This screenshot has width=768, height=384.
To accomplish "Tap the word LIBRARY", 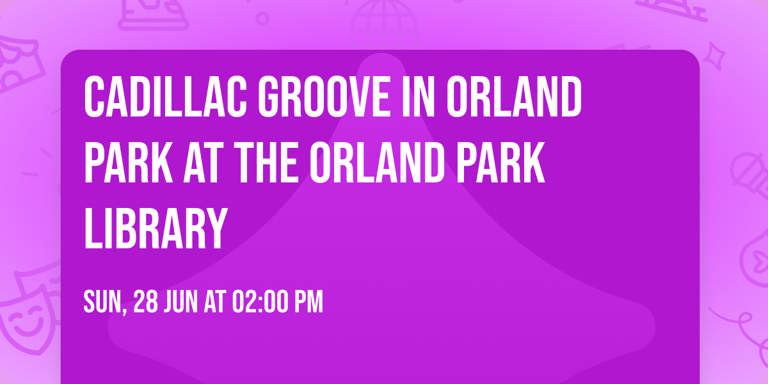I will pos(156,228).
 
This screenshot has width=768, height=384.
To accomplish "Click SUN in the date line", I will pos(103,302).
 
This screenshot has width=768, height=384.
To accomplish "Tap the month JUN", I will pos(185,302).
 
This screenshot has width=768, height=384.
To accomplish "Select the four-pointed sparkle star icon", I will pos(719,56).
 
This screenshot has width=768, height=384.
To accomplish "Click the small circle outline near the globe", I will pos(262,19).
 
